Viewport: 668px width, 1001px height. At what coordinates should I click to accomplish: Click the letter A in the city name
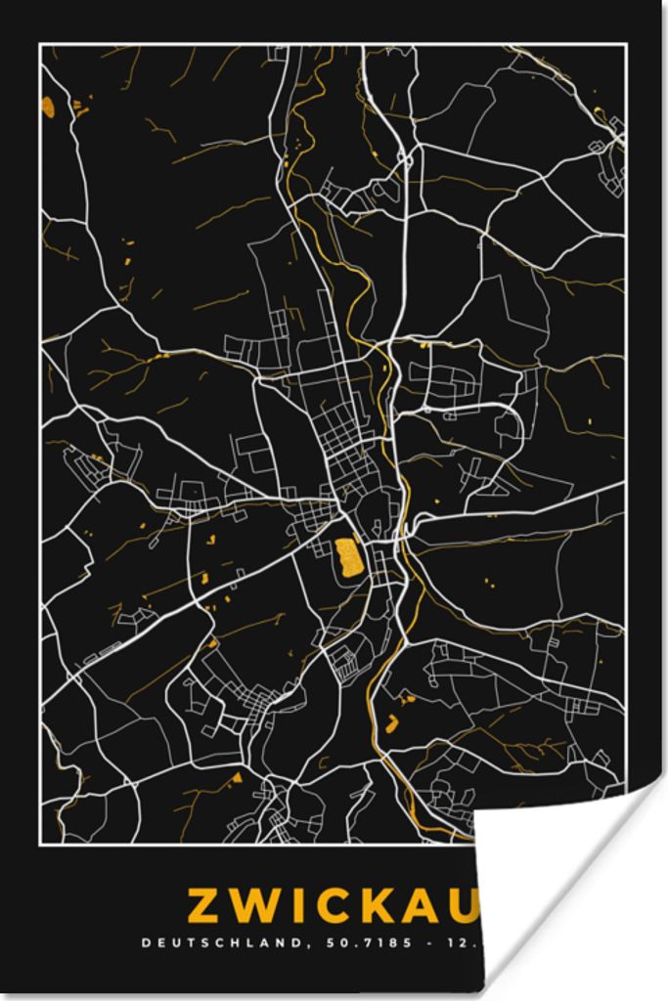click(424, 905)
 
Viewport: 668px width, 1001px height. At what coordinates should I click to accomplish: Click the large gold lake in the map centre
click(346, 557)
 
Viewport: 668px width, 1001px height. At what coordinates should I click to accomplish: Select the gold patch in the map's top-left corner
click(48, 107)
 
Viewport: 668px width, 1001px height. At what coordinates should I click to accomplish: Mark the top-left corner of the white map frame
click(40, 45)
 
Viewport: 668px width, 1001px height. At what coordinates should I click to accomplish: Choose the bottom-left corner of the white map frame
click(40, 843)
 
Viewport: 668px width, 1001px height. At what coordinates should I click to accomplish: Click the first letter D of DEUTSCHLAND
click(147, 944)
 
